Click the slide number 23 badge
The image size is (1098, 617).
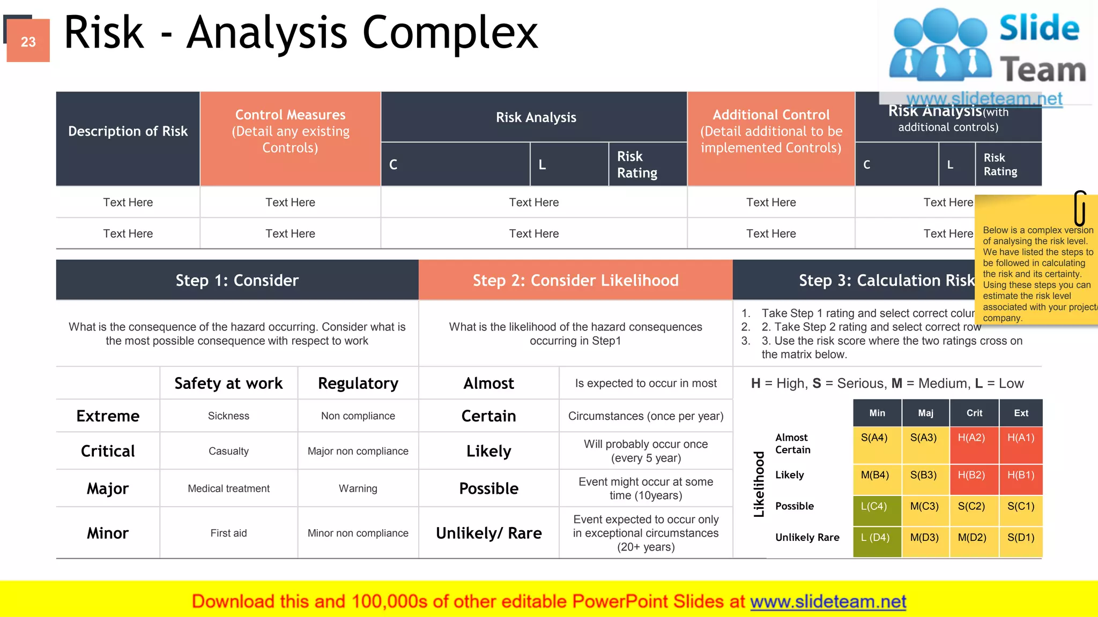(x=28, y=41)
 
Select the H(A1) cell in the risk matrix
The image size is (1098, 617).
(x=1020, y=444)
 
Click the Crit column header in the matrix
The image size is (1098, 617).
(x=974, y=413)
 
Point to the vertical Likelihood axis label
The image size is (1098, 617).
(x=759, y=484)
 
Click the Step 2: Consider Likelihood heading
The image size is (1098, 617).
(x=575, y=280)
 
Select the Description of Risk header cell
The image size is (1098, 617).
(x=128, y=132)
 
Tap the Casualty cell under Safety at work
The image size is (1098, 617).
(x=228, y=451)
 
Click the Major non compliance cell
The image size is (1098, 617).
(x=358, y=451)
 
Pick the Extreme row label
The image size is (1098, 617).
(x=108, y=416)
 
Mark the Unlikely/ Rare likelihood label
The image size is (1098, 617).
(x=488, y=533)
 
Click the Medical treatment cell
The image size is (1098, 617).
(x=228, y=488)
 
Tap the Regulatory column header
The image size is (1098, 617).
(x=358, y=383)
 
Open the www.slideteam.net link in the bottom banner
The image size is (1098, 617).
(x=828, y=602)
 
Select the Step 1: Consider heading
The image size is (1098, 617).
(x=237, y=280)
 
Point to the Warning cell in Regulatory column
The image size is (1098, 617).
(x=358, y=488)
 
